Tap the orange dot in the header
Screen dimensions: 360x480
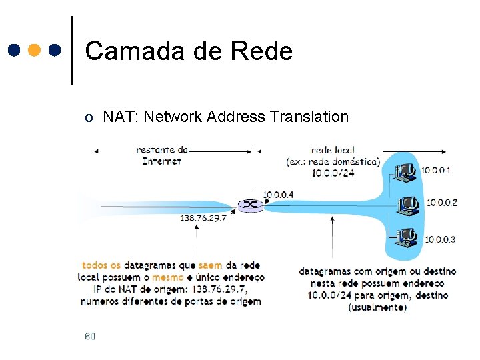point(35,50)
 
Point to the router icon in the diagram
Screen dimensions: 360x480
point(251,206)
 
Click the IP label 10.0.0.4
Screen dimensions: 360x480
point(278,195)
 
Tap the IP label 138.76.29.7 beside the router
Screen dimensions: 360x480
point(203,218)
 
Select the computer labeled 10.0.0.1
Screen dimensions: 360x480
point(405,172)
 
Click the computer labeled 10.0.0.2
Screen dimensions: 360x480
point(406,203)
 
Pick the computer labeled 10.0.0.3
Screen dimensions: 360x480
point(405,237)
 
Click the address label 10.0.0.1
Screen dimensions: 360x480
point(436,171)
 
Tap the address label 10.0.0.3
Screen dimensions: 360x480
point(440,239)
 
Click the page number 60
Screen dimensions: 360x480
point(90,336)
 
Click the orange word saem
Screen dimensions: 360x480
point(210,265)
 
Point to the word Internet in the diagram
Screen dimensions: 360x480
point(161,161)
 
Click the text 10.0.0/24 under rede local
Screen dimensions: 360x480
point(333,173)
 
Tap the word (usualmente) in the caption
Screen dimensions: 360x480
point(377,307)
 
